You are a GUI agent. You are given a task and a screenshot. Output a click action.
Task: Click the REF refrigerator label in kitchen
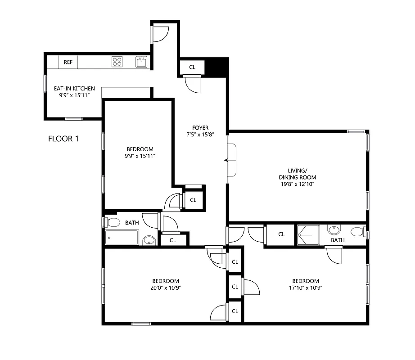click(x=68, y=62)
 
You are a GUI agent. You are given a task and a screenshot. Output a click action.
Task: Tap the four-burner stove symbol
click(x=117, y=62)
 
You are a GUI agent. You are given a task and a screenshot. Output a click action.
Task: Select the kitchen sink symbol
click(x=141, y=62)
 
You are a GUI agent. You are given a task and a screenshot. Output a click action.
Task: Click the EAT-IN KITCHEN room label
click(x=77, y=89)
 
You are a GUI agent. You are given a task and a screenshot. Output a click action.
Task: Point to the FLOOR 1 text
click(x=63, y=139)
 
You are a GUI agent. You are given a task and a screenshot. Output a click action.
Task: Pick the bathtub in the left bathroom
click(x=122, y=237)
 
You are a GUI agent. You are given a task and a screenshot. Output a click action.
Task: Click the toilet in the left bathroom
click(x=113, y=222)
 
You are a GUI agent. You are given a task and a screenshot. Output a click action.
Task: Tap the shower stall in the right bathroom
click(x=308, y=234)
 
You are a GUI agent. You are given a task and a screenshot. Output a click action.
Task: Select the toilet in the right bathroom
click(x=358, y=233)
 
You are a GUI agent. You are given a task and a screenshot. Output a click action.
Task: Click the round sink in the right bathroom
click(x=334, y=230)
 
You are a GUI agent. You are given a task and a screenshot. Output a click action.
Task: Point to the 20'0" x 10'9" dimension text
click(x=166, y=288)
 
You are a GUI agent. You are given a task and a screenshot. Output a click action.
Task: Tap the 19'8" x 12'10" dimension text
click(x=297, y=184)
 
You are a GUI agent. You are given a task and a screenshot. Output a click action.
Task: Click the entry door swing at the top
click(x=159, y=34)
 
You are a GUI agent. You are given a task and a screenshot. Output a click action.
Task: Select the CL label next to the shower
click(x=281, y=234)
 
